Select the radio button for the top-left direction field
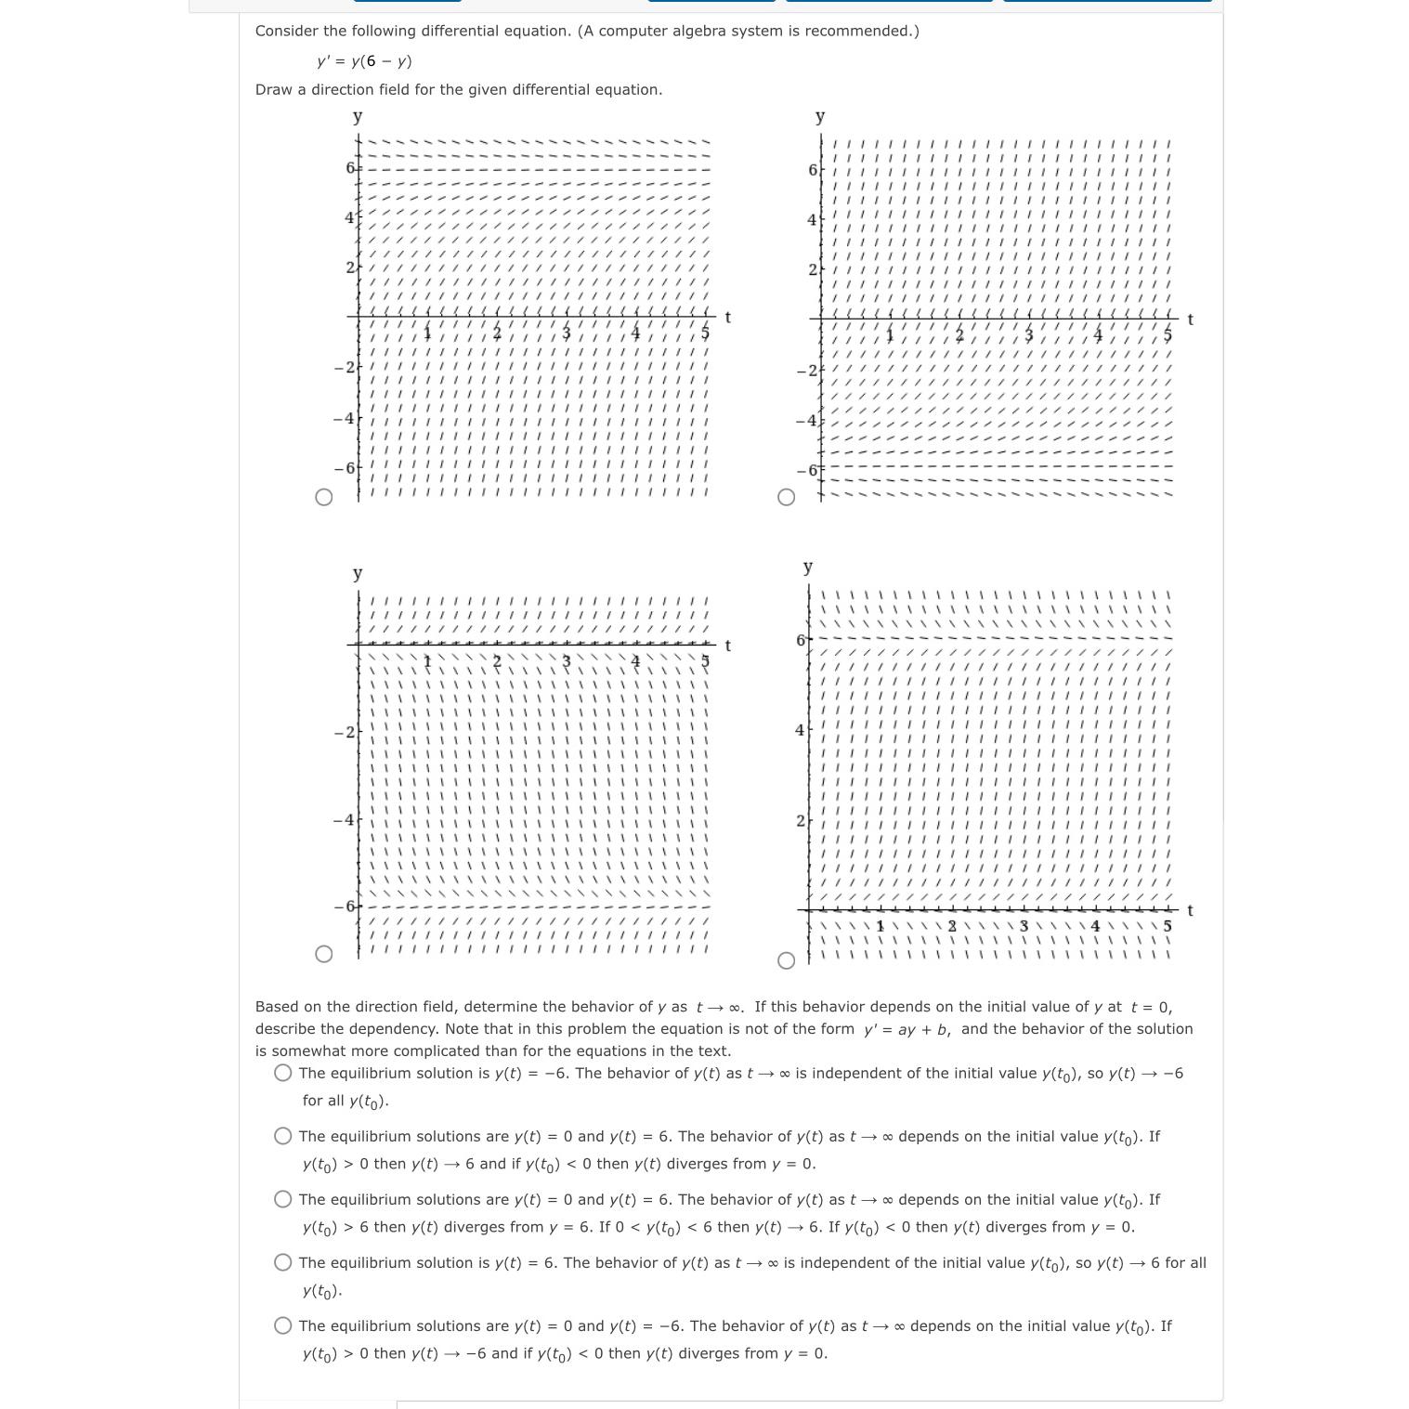click(x=323, y=497)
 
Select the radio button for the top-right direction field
click(x=786, y=497)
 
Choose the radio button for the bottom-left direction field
click(x=323, y=954)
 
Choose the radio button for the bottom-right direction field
click(x=786, y=960)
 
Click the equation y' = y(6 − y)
click(x=364, y=61)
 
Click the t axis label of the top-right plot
click(x=1190, y=320)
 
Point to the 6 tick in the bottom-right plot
click(x=801, y=640)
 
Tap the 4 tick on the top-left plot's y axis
click(x=349, y=217)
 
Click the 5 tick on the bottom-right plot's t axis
click(x=1168, y=926)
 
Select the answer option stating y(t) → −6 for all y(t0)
click(x=283, y=1073)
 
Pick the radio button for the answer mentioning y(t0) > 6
click(x=283, y=1199)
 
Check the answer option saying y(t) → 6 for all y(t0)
click(x=283, y=1262)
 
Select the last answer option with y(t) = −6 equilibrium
click(x=283, y=1325)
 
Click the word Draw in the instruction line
click(x=272, y=90)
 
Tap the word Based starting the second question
click(x=278, y=1007)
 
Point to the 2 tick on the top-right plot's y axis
click(x=813, y=269)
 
